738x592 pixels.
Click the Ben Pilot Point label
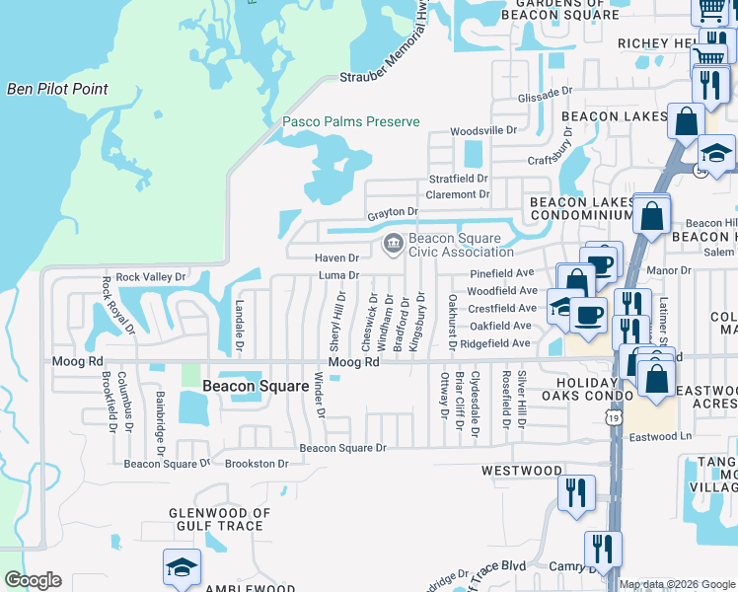click(x=57, y=89)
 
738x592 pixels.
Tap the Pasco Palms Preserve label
click(x=351, y=122)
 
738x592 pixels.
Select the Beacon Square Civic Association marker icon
click(x=393, y=242)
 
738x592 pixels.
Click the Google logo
click(x=33, y=580)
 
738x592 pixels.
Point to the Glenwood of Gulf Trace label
click(x=219, y=519)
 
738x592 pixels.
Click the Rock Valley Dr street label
click(x=150, y=277)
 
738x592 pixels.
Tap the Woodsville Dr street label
click(x=483, y=130)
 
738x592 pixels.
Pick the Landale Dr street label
click(x=239, y=327)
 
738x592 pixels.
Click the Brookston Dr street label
click(x=257, y=463)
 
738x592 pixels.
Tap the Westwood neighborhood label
click(x=520, y=472)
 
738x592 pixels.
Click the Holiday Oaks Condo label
click(x=580, y=389)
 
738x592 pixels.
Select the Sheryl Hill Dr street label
click(x=337, y=322)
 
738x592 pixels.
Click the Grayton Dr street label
click(x=394, y=212)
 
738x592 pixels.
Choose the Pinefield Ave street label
click(x=501, y=272)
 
